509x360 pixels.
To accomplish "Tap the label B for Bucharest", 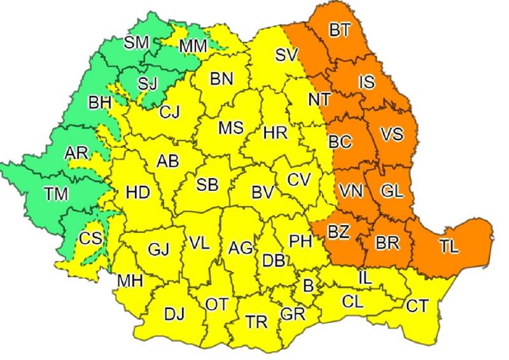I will [x=308, y=287].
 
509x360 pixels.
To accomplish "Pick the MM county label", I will [x=193, y=46].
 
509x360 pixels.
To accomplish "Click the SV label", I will [x=287, y=56].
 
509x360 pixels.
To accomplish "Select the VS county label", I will [x=392, y=134].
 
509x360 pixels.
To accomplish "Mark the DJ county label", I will [x=174, y=314].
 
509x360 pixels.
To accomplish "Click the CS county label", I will [x=91, y=240].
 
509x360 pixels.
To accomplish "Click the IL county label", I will [x=365, y=277].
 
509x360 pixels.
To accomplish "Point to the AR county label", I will [x=76, y=153].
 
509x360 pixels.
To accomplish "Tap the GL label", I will [x=392, y=190].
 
